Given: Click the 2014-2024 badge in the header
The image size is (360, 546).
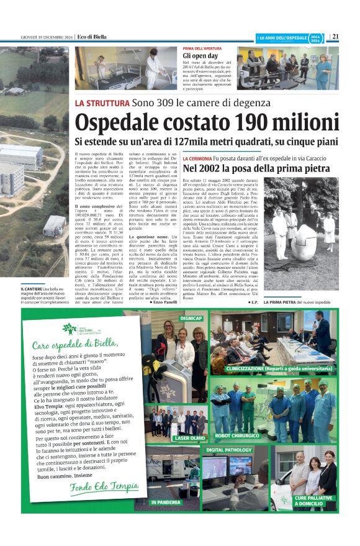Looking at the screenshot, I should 316,37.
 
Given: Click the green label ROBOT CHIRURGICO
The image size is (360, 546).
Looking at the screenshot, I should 239,435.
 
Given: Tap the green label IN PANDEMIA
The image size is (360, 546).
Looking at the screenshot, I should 166,501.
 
